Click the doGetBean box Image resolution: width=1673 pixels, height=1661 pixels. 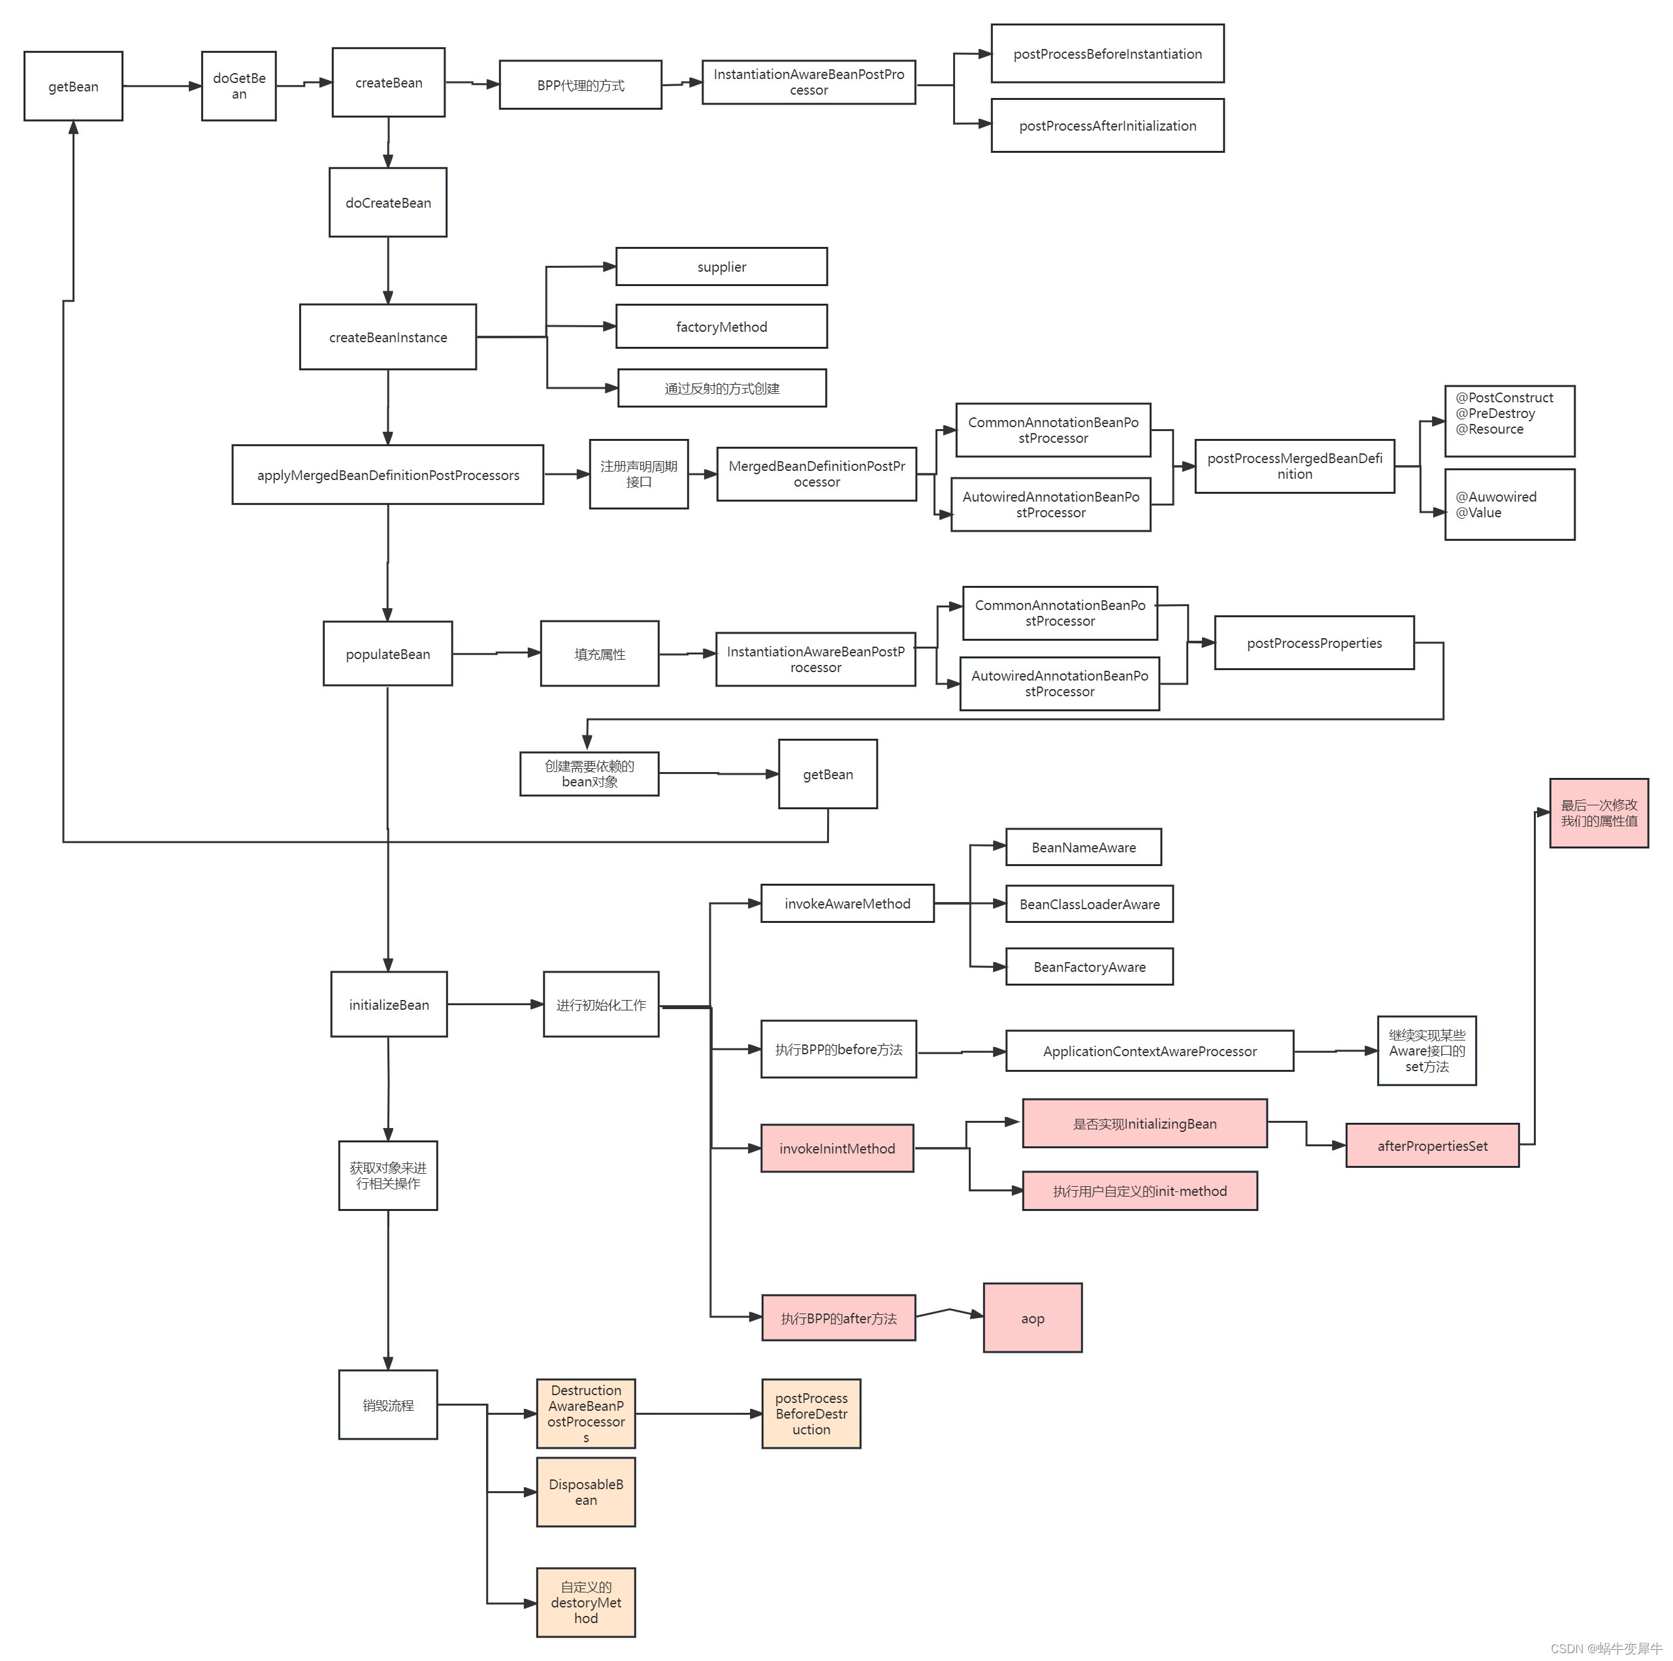239,86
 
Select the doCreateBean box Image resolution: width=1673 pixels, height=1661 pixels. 388,202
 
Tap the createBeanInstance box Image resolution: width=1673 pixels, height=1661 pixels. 388,337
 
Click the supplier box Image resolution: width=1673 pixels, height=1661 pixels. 721,266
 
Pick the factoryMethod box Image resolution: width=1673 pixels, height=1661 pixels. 721,327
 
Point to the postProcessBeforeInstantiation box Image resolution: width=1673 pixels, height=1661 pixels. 1107,54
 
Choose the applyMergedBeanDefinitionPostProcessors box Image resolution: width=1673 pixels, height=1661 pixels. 388,475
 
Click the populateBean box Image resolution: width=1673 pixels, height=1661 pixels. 388,654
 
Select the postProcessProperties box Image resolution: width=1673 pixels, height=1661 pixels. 1314,643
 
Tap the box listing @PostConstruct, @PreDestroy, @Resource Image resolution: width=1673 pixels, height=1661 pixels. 1509,421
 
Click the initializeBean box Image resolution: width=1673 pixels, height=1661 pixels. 389,1005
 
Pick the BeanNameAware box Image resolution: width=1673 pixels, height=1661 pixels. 1083,847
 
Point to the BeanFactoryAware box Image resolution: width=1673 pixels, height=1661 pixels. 1090,967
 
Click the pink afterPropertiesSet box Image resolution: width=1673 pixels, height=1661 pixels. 1432,1146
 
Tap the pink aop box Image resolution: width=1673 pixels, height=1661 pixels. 1032,1318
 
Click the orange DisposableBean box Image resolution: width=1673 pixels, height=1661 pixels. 586,1492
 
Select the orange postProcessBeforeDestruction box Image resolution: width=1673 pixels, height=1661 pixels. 811,1414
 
